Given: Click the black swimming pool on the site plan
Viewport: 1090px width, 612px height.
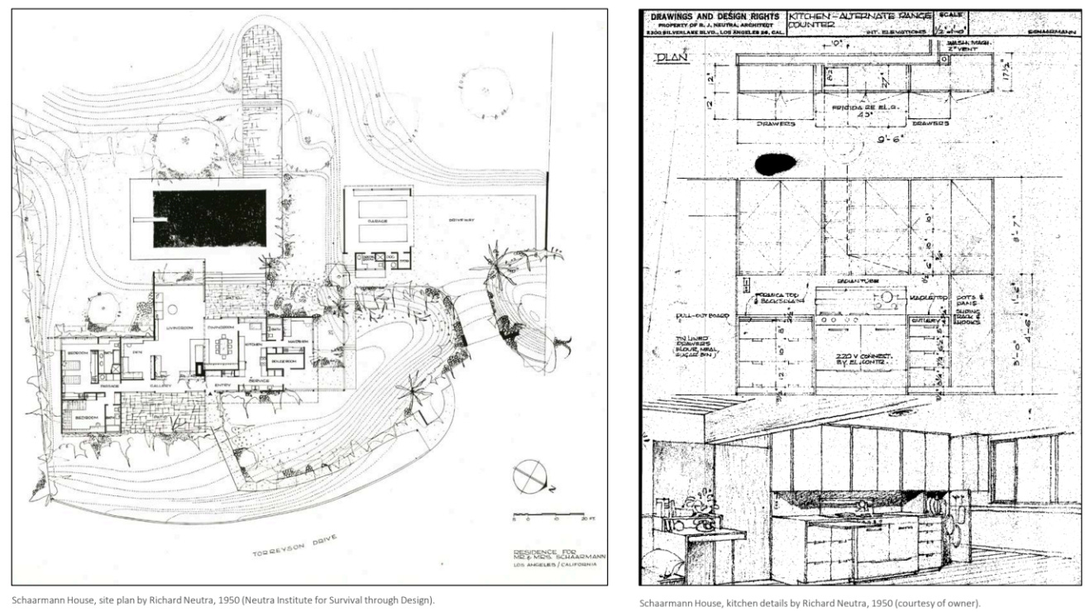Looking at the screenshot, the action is click(x=209, y=218).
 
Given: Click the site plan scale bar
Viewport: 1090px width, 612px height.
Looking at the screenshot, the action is click(x=537, y=514).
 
